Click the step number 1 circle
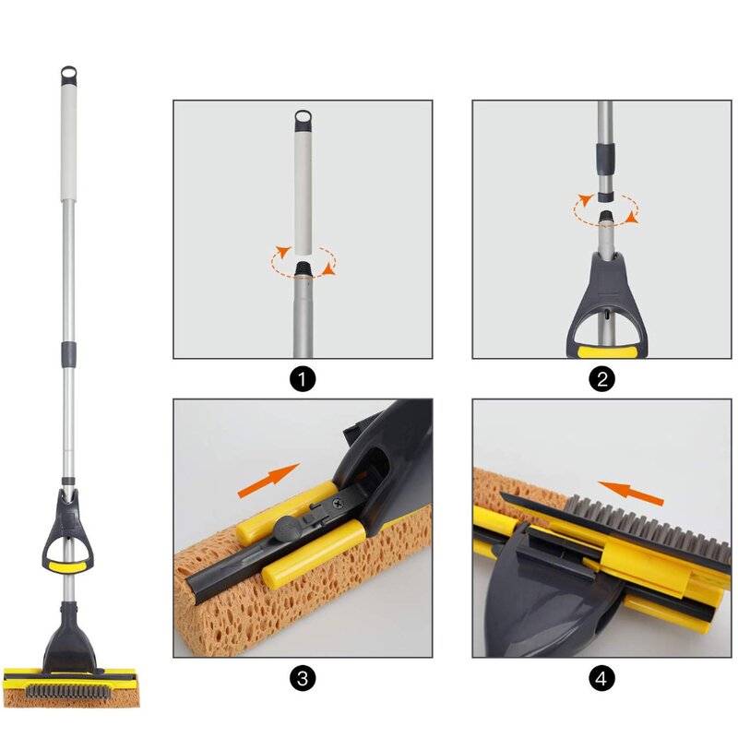(303, 379)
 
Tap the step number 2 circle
(602, 379)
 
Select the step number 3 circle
(303, 679)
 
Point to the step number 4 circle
(602, 679)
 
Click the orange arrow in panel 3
(268, 480)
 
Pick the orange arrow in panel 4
(631, 493)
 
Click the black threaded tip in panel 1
(303, 272)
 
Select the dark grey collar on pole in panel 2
(606, 159)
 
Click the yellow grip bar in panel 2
(606, 352)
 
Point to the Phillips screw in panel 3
(339, 503)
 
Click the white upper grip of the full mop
(68, 142)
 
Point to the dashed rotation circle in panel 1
(304, 261)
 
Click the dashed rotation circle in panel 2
(606, 209)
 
